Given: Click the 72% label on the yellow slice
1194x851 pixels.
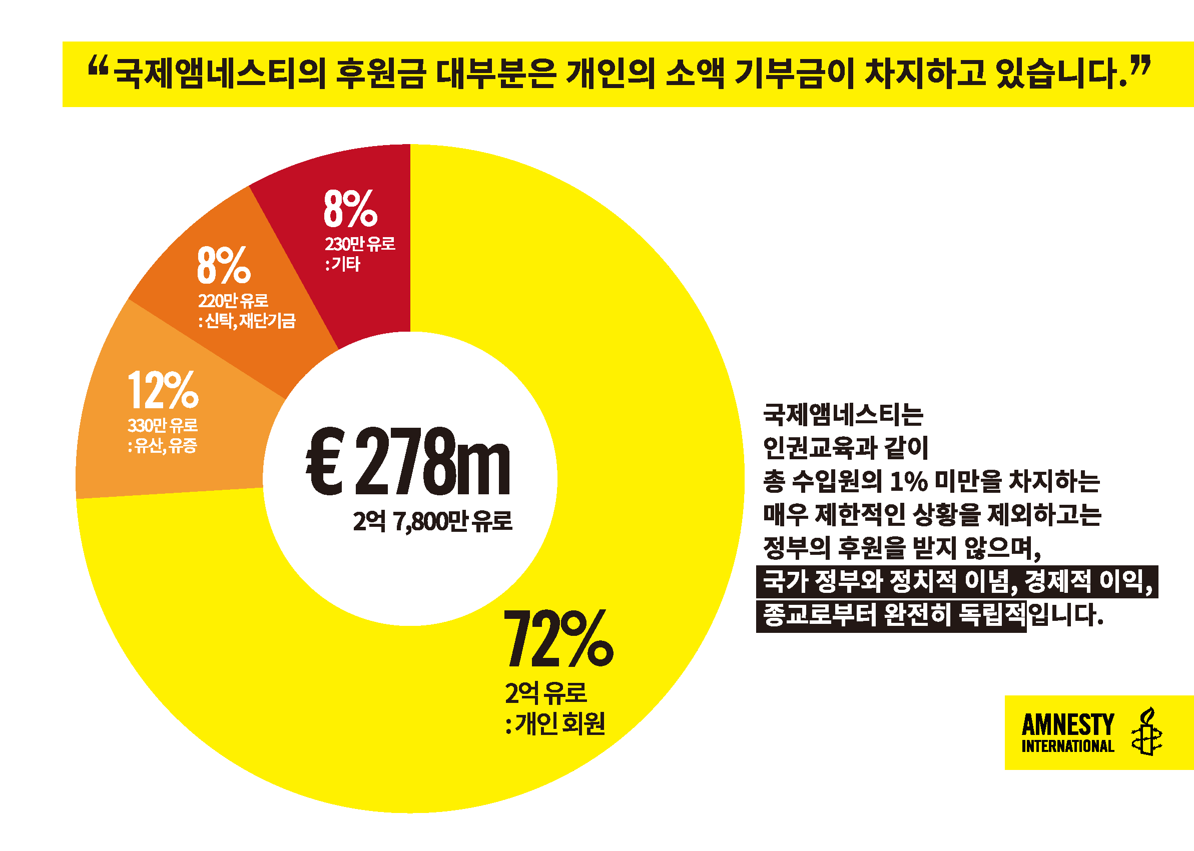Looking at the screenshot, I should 557,638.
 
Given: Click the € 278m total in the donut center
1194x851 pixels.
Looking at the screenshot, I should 408,462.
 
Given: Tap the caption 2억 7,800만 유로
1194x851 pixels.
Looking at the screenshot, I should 432,521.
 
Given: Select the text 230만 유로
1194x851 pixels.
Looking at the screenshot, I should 360,244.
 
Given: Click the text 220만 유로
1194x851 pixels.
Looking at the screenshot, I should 233,301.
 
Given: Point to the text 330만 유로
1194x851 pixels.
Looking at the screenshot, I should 163,425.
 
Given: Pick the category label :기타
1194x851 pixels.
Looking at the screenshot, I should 343,264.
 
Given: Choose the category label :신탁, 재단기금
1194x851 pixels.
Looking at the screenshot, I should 247,321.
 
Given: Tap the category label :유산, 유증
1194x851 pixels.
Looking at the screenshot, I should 163,446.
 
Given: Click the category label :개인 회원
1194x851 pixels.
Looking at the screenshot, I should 555,723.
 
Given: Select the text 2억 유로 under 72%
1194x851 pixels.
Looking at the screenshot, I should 545,693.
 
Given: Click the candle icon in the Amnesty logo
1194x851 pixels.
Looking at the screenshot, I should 1146,732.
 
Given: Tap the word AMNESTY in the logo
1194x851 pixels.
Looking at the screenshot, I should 1068,725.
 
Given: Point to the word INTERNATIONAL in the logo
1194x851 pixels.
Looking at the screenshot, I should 1068,747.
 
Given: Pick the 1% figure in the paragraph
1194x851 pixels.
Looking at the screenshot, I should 908,482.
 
